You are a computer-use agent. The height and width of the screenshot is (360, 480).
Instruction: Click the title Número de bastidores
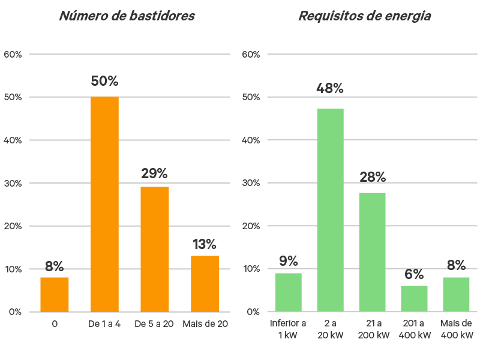coord(127,16)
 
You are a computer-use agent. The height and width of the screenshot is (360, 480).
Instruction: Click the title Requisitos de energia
coord(364,16)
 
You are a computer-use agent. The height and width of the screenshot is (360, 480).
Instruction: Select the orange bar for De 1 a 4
coord(104,204)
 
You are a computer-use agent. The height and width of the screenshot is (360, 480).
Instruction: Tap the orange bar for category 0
coord(55,294)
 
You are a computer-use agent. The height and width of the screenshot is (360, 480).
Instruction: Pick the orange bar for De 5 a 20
coord(155,249)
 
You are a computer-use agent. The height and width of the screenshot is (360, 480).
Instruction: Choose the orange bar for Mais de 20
coord(205,283)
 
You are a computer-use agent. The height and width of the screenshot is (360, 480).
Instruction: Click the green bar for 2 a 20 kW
coord(331,210)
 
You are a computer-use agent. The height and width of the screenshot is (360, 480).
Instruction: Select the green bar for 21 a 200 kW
coord(373,252)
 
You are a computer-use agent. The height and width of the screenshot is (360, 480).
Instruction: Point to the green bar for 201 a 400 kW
coord(415,298)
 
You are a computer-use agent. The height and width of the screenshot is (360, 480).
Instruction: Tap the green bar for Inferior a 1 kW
coord(289,292)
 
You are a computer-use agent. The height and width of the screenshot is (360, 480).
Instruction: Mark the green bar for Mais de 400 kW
coord(456,294)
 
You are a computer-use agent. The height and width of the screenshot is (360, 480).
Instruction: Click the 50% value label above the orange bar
coord(104,81)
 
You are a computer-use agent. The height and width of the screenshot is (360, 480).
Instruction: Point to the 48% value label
coord(331,89)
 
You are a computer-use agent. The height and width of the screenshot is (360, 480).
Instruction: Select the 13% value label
coord(205,244)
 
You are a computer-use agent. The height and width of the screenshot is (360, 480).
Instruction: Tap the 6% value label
coord(415,274)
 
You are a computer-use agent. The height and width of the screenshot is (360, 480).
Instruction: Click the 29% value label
coord(155,174)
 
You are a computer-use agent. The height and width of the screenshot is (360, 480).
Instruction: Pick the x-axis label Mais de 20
coord(205,324)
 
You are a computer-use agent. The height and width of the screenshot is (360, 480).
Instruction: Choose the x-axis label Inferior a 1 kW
coord(289,329)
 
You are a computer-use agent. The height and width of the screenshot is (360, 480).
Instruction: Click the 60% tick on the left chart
coord(13,55)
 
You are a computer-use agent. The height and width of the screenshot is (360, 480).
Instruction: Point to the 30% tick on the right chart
coord(251,183)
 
